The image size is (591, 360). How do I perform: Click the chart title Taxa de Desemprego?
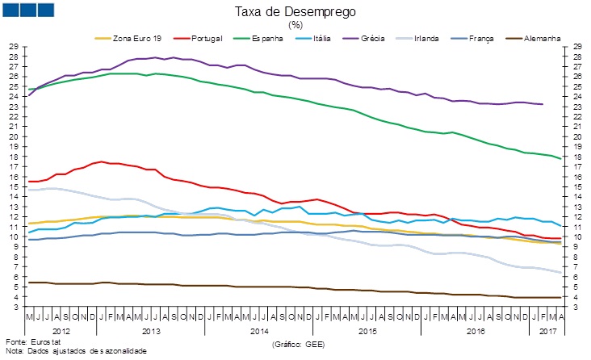[x=295, y=12]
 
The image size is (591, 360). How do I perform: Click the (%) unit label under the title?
[x=295, y=24]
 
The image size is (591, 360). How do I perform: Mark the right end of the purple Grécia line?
[x=542, y=104]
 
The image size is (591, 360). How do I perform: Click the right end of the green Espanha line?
[x=560, y=158]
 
